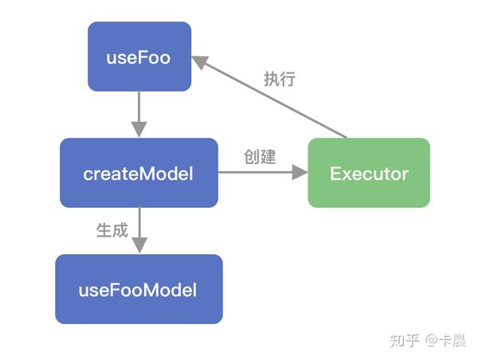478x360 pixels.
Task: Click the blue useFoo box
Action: [x=139, y=57]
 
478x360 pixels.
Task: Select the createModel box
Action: [x=139, y=173]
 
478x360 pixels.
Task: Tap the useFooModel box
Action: [x=139, y=289]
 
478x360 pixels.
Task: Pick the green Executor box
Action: [x=369, y=173]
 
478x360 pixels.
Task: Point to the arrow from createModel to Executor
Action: [x=259, y=173]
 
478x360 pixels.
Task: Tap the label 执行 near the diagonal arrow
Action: [x=280, y=79]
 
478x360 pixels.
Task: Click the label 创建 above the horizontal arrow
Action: [x=261, y=157]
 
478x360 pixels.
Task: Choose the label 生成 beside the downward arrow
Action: [x=112, y=230]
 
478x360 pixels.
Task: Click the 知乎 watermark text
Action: [x=403, y=340]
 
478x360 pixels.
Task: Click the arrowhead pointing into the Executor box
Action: [x=299, y=173]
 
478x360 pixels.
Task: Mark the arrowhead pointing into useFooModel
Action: [x=139, y=246]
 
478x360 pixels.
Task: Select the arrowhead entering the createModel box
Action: [x=139, y=130]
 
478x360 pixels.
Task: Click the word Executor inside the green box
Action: [x=369, y=173]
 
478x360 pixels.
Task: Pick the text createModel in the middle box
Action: [x=139, y=173]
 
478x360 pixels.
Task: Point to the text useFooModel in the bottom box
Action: [x=139, y=289]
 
